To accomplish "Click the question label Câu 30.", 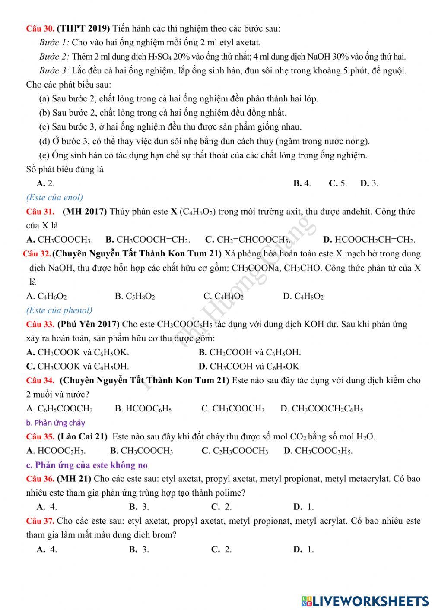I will click(x=40, y=29).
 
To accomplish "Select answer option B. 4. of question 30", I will click(x=302, y=183).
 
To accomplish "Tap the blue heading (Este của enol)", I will click(x=54, y=197).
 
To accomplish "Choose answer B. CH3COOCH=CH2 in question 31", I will click(x=148, y=240).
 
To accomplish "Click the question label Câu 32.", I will click(x=37, y=253).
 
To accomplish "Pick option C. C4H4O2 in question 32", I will click(x=223, y=296).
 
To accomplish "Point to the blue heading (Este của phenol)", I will click(x=59, y=310).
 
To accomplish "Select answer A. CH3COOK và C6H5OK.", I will click(x=77, y=352).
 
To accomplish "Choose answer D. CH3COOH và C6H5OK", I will click(x=248, y=367).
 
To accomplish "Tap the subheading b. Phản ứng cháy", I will click(x=56, y=423).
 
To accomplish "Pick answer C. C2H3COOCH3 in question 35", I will click(x=235, y=451).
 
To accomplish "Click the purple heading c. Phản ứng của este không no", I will click(x=87, y=465).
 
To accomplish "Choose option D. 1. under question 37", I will click(x=303, y=549).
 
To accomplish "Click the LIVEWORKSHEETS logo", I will click(x=365, y=601).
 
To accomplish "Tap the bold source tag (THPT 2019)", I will click(x=83, y=29).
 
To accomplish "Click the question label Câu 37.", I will click(x=40, y=521).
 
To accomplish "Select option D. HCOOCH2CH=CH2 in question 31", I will click(x=369, y=240).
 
